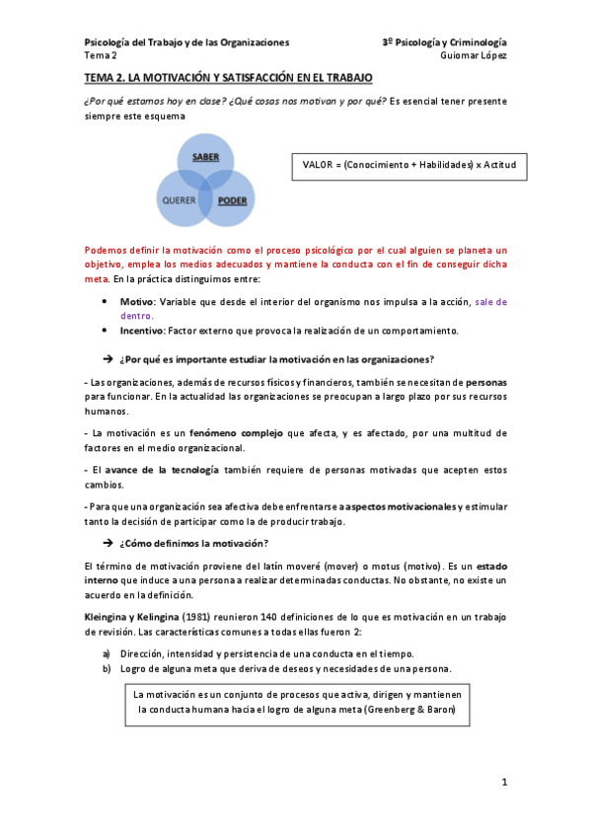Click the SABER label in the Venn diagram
tap(205, 157)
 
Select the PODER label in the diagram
tap(232, 200)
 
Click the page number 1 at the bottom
tap(503, 783)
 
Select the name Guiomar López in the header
tap(475, 56)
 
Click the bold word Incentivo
tap(141, 330)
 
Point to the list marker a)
tap(107, 653)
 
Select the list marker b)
tap(107, 669)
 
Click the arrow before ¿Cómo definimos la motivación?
tap(109, 544)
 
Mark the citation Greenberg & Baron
tap(406, 709)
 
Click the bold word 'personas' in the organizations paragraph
tap(486, 380)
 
